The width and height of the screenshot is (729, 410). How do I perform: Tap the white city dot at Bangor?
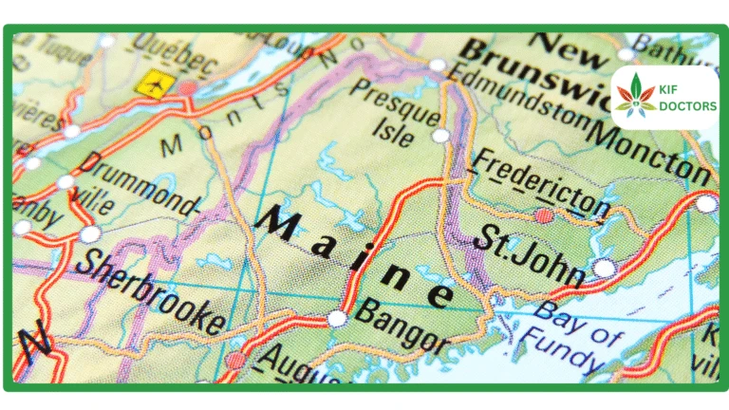(x=337, y=319)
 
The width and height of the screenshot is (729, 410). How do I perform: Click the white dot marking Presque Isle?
(x=439, y=136)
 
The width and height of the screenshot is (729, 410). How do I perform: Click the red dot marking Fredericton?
(x=543, y=216)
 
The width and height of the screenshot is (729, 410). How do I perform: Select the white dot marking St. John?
(x=604, y=269)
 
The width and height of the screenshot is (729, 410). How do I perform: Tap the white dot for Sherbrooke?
(x=89, y=233)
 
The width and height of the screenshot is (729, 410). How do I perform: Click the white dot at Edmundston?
(x=437, y=65)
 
